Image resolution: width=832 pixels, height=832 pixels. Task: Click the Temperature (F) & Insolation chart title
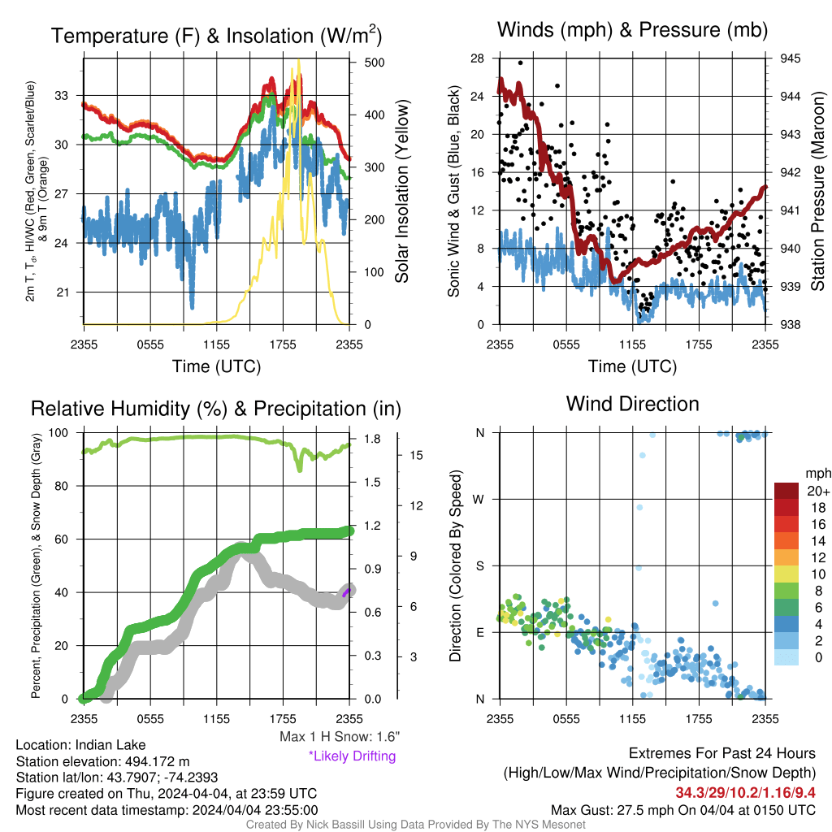click(216, 36)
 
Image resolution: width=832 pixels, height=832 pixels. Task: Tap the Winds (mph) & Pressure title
click(632, 30)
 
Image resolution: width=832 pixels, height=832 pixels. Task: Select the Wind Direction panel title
click(632, 404)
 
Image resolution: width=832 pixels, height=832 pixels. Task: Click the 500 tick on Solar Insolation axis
click(375, 62)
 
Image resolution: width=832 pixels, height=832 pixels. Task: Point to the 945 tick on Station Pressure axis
click(790, 58)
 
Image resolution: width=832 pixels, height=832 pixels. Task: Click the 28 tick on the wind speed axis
click(477, 58)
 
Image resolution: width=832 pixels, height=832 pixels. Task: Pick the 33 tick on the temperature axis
click(62, 96)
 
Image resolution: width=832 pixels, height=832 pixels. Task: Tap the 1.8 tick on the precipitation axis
click(372, 439)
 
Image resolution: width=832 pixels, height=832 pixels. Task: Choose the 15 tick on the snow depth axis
click(416, 455)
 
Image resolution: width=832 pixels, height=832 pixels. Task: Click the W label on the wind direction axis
click(479, 500)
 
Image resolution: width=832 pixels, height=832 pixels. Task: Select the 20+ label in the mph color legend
click(818, 492)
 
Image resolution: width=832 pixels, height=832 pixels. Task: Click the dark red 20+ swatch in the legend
click(786, 491)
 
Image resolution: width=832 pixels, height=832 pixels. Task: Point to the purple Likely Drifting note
click(353, 756)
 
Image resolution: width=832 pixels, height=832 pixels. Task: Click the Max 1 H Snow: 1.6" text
click(340, 736)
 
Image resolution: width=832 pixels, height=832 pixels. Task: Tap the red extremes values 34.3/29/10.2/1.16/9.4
click(746, 793)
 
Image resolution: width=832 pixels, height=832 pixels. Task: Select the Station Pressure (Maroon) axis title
click(817, 191)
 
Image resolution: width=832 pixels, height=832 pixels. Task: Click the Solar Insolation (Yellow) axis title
click(402, 191)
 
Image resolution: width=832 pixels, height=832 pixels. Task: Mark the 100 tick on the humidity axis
click(58, 433)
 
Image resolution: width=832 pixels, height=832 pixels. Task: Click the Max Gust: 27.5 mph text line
click(683, 810)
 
